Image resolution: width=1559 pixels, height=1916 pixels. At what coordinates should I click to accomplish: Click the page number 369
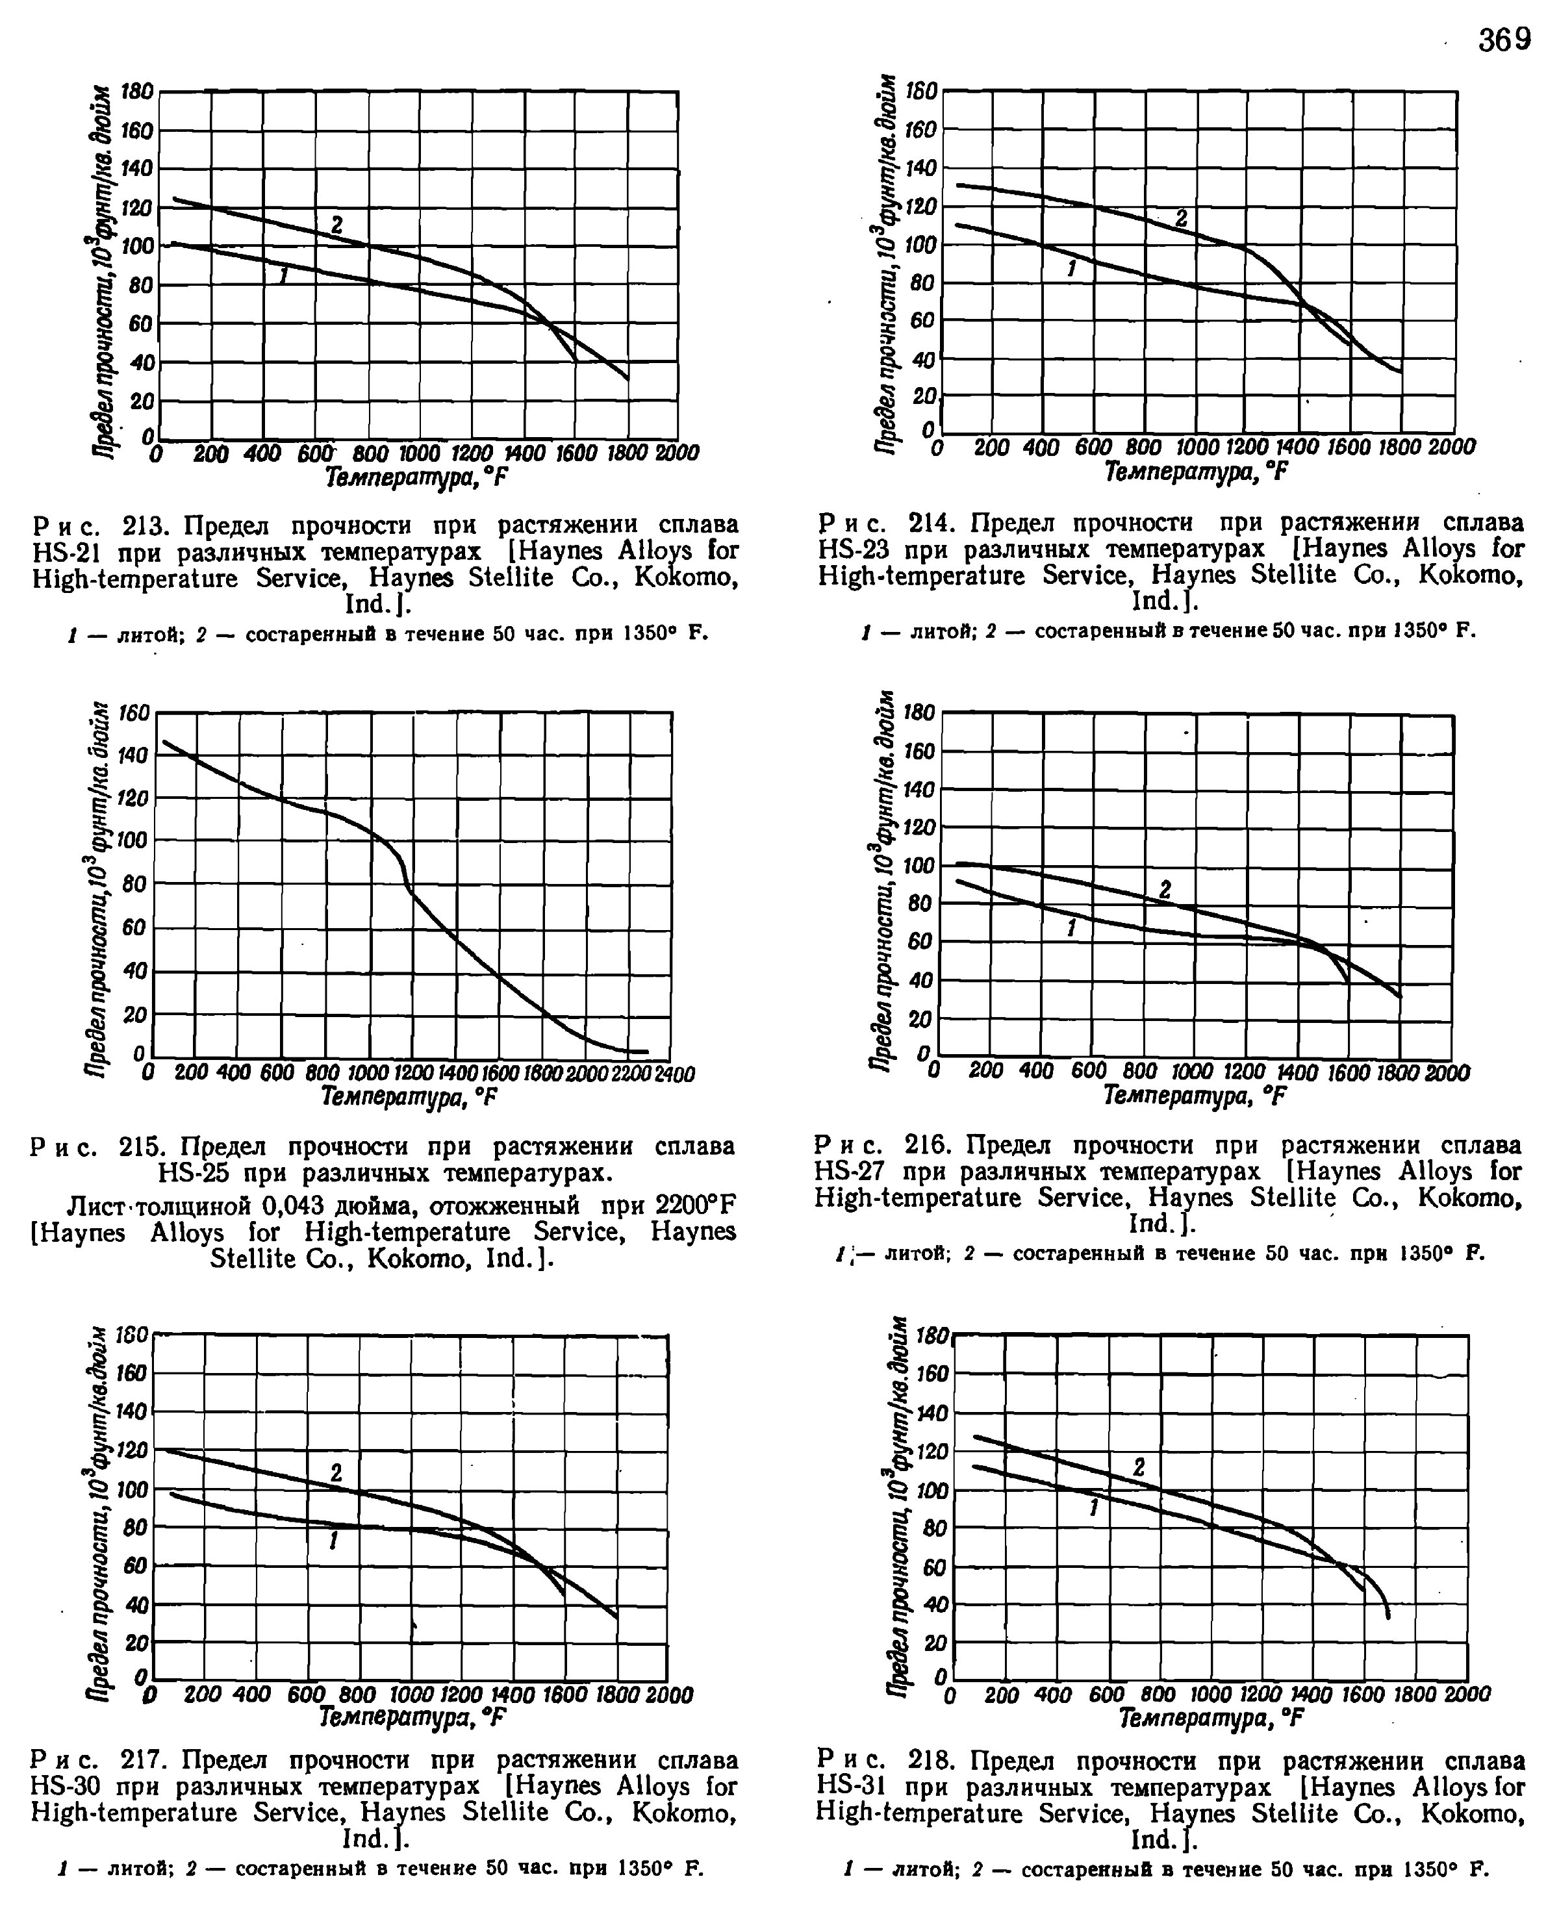click(1504, 40)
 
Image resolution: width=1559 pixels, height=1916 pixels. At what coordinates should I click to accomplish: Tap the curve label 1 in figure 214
click(1071, 268)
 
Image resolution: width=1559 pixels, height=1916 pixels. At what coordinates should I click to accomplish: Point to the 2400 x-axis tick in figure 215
click(676, 1074)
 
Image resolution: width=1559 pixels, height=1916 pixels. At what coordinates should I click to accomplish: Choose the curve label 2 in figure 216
click(1165, 890)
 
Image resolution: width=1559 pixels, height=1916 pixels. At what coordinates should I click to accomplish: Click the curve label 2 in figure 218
click(1139, 1467)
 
